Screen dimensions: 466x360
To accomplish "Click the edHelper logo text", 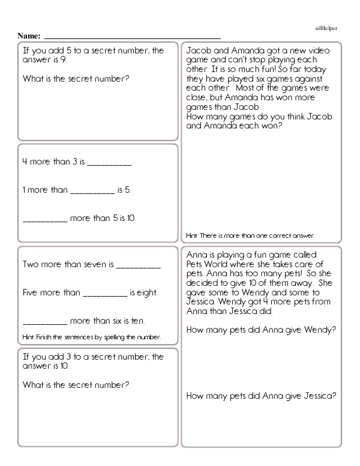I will click(326, 28).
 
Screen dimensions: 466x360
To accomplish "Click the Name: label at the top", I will click(29, 36).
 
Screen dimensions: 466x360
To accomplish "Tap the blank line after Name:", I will click(132, 37).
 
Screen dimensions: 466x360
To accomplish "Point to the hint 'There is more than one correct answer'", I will click(251, 235).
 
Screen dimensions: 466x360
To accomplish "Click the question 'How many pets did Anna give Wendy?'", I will click(261, 330).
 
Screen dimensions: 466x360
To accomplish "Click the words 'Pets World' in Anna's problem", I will click(208, 264).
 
